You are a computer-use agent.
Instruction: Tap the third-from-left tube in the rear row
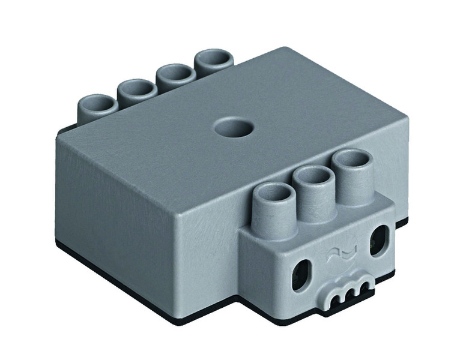(x=176, y=74)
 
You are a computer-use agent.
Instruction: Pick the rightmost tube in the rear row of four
(x=213, y=59)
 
